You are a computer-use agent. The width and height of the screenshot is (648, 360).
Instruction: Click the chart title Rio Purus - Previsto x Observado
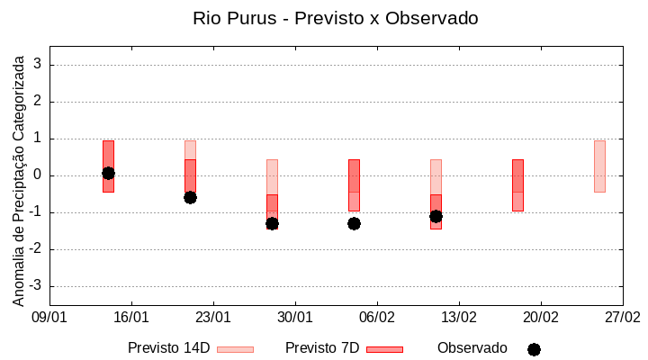[336, 18]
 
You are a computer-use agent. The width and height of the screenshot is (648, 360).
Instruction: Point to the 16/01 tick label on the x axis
[131, 317]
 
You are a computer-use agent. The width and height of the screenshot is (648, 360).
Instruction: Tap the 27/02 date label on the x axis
[623, 317]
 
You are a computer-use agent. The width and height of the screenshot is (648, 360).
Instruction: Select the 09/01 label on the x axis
[49, 317]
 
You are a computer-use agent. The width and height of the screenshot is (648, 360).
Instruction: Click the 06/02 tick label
[377, 317]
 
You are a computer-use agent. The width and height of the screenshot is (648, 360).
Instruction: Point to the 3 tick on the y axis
[39, 65]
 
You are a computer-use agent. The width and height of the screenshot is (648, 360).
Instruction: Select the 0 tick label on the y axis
[39, 175]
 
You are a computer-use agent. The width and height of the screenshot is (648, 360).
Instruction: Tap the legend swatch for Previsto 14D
[235, 349]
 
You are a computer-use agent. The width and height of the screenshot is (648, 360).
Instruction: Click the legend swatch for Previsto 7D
[384, 349]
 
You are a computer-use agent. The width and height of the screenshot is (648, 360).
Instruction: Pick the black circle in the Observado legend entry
[534, 349]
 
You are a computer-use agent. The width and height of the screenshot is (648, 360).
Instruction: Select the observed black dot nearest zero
[108, 173]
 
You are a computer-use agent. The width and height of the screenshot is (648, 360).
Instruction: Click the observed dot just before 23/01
[190, 197]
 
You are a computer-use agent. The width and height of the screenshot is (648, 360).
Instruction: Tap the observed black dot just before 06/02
[354, 223]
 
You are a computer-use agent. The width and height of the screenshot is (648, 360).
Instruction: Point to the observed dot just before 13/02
[436, 216]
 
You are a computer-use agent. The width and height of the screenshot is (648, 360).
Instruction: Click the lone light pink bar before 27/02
[599, 166]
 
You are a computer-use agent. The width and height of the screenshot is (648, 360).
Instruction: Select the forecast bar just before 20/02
[517, 184]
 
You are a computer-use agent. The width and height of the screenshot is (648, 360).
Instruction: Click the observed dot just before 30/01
[272, 223]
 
